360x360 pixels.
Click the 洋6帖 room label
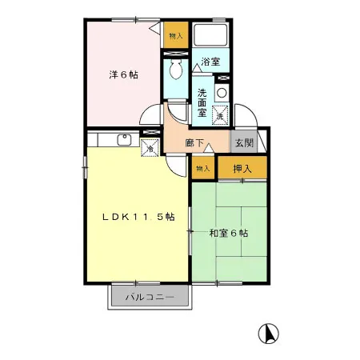click(x=124, y=75)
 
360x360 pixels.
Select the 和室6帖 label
click(x=229, y=234)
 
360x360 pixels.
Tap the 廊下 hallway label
click(x=194, y=143)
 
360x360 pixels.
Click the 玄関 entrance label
click(x=243, y=142)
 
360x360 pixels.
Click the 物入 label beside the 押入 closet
click(x=202, y=168)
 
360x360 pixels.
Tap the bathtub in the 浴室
click(x=211, y=35)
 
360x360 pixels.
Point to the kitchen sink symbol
click(x=126, y=140)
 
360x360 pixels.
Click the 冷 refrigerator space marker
click(x=150, y=147)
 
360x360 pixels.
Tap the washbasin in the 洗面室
click(x=222, y=92)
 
